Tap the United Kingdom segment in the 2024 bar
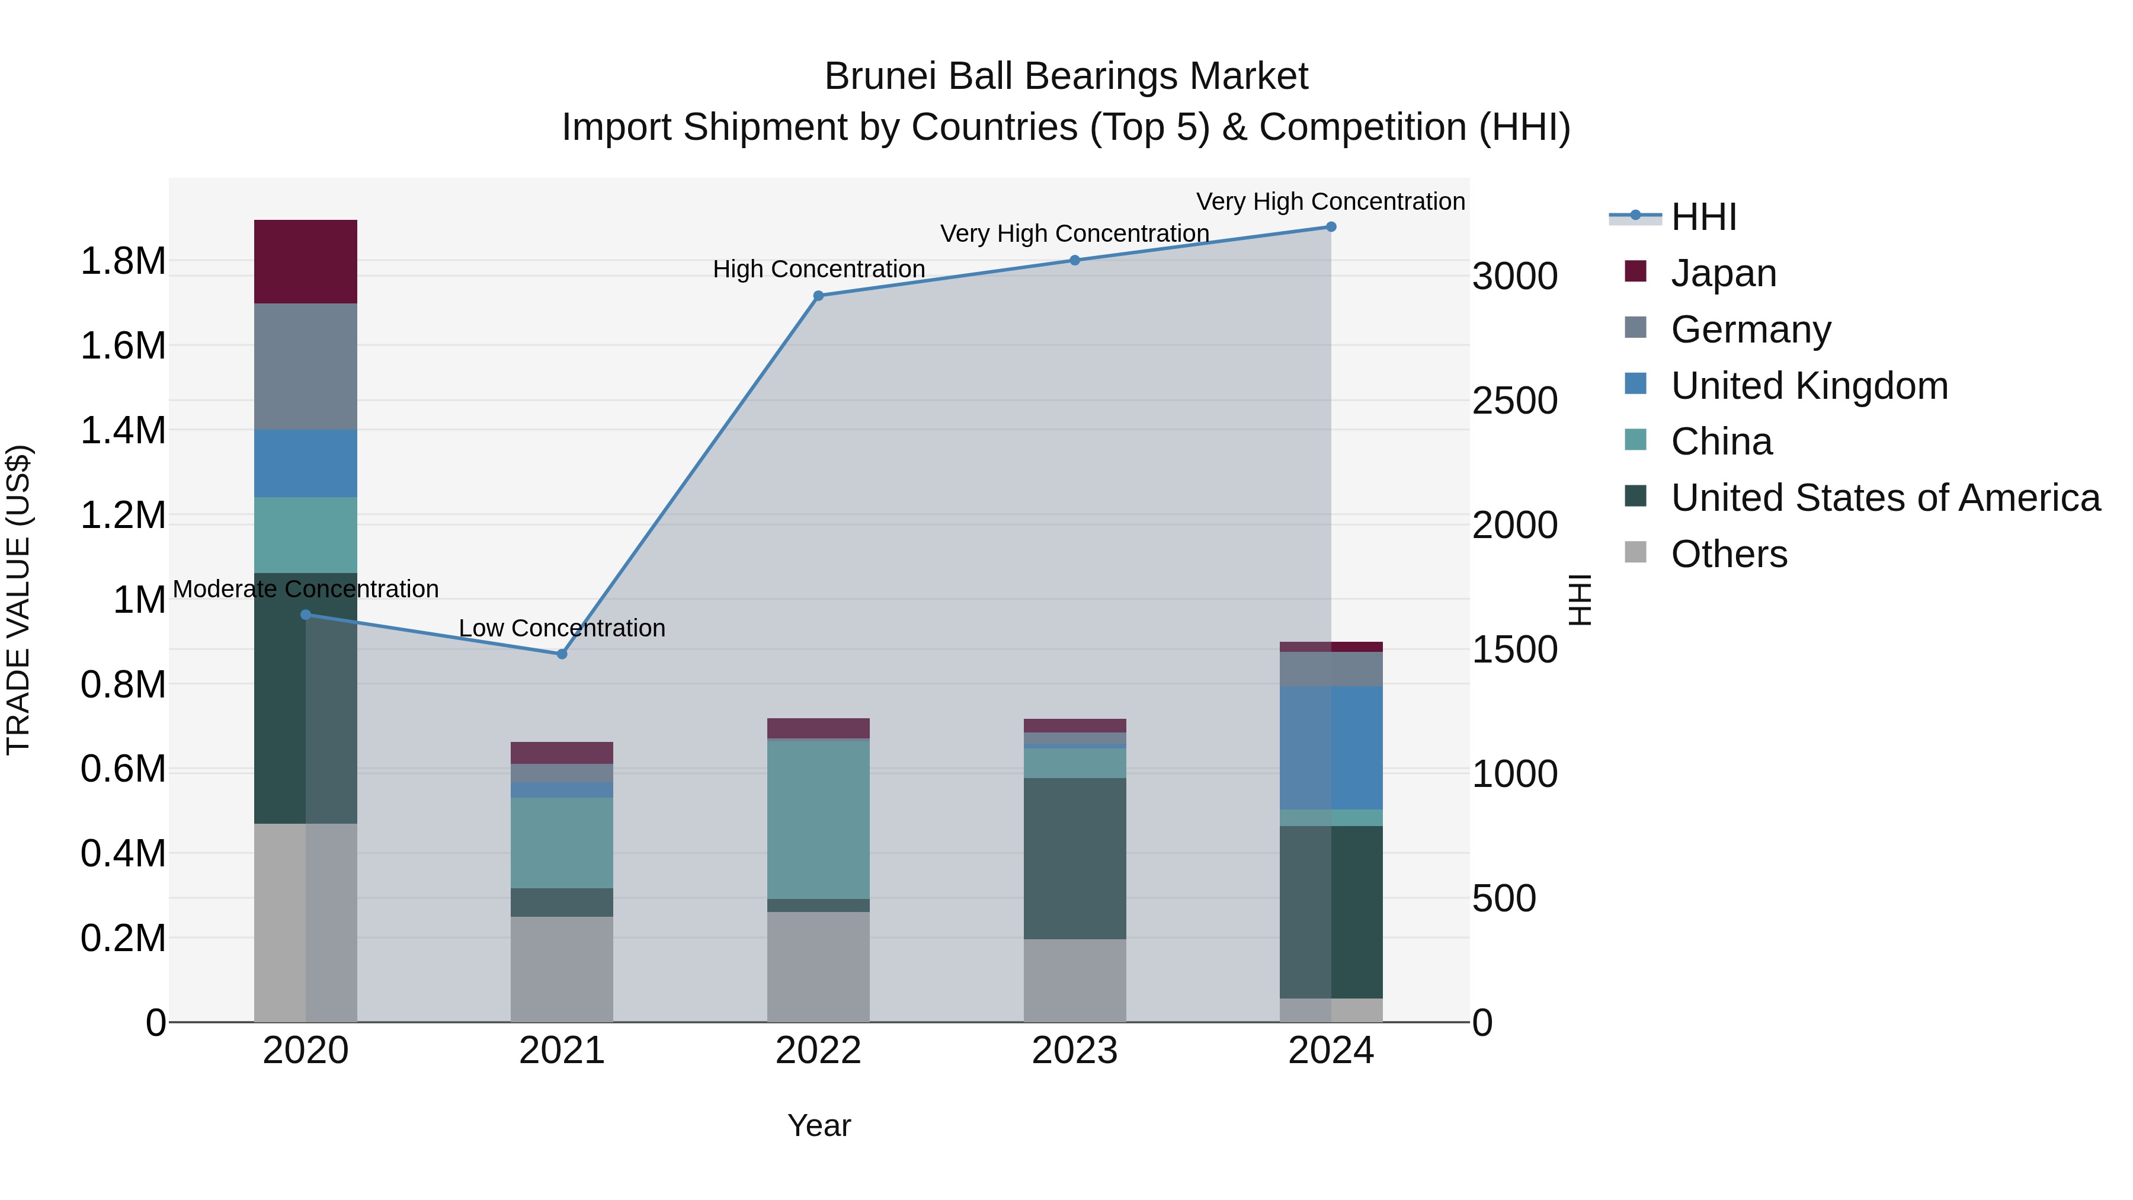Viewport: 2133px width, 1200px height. tap(1331, 747)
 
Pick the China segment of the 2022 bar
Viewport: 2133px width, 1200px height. tap(818, 818)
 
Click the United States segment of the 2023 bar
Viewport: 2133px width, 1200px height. tap(1074, 858)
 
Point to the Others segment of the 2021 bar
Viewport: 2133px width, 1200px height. tap(562, 968)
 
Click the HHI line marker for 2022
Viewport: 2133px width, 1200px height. tap(818, 296)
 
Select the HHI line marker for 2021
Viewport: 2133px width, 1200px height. tap(562, 654)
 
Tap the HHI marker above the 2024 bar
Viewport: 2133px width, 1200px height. tap(1331, 227)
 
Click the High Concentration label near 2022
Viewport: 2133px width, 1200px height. tap(818, 269)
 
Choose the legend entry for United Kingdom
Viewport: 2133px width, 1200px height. tap(1809, 386)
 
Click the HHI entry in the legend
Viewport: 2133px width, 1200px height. tap(1703, 217)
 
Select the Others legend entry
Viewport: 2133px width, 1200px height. tap(1728, 554)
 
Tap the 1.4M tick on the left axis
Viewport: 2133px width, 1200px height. tap(123, 431)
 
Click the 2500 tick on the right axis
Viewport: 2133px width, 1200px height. tap(1514, 401)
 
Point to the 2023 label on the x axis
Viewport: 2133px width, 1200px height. tap(1074, 1051)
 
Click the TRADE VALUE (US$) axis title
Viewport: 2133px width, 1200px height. tap(18, 600)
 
